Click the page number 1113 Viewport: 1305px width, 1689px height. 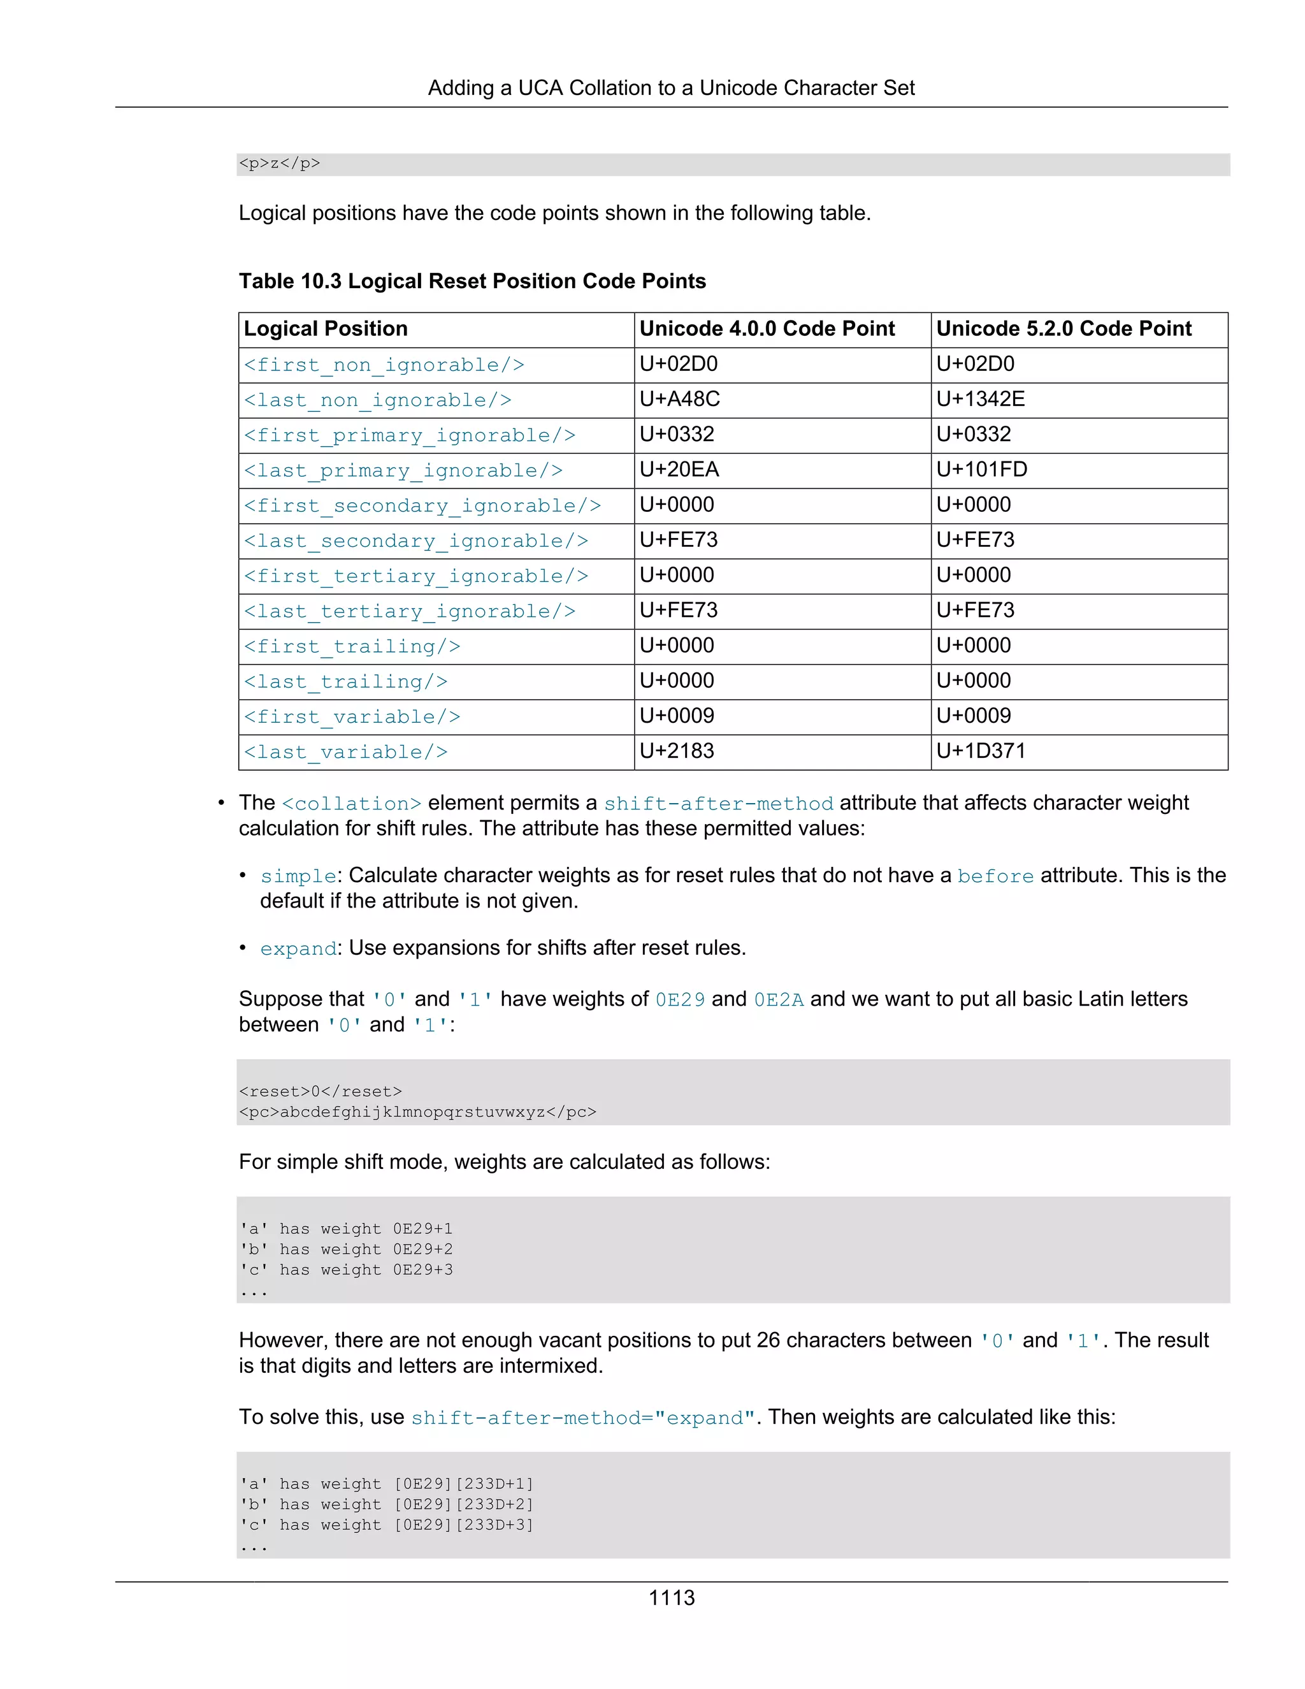click(x=671, y=1598)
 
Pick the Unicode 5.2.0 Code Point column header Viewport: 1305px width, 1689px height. click(x=1063, y=329)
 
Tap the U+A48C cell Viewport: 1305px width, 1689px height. click(x=679, y=399)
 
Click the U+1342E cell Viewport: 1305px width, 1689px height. click(x=980, y=399)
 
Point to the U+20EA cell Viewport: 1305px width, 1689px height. click(x=679, y=470)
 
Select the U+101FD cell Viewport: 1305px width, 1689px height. click(x=981, y=470)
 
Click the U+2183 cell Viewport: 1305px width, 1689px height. click(x=677, y=751)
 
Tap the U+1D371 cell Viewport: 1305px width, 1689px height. click(x=980, y=751)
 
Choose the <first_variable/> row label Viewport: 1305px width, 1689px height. click(x=352, y=717)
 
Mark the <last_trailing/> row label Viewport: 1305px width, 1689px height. click(x=345, y=682)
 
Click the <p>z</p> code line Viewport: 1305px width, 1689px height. click(x=279, y=163)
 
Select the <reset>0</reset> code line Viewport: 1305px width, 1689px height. click(x=320, y=1091)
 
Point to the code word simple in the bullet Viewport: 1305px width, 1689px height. click(x=298, y=876)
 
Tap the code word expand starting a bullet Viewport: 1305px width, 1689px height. click(x=298, y=949)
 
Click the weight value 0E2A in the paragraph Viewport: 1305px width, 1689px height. click(x=778, y=1000)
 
